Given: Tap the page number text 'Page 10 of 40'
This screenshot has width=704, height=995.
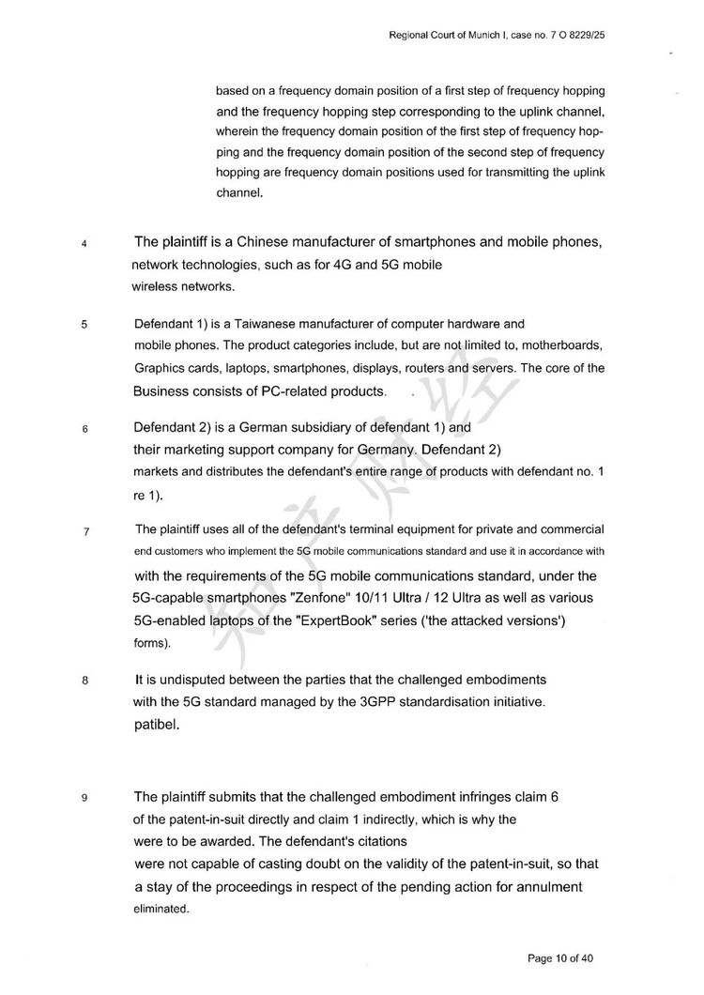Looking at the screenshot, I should (561, 958).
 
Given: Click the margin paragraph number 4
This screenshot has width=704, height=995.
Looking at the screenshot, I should (84, 245).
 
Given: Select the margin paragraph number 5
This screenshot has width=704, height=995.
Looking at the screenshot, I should (84, 326).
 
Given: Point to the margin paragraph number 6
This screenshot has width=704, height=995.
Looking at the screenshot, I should (84, 430).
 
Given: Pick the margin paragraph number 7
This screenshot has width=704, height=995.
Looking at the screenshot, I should (84, 532).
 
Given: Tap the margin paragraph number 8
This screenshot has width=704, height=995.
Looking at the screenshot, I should (84, 681).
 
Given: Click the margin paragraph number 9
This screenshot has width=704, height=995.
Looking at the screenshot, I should (84, 799).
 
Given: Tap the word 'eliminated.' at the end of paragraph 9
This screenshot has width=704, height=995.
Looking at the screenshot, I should (161, 910).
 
